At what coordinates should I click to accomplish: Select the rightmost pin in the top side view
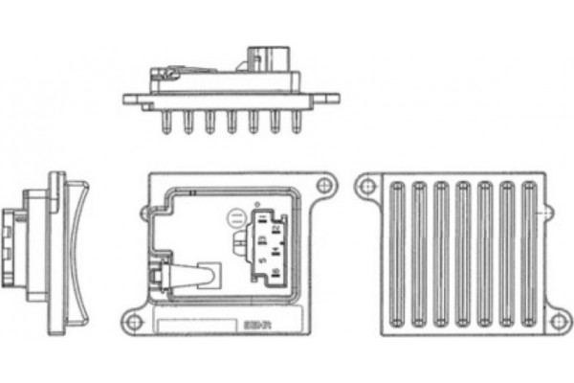coord(298,122)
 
